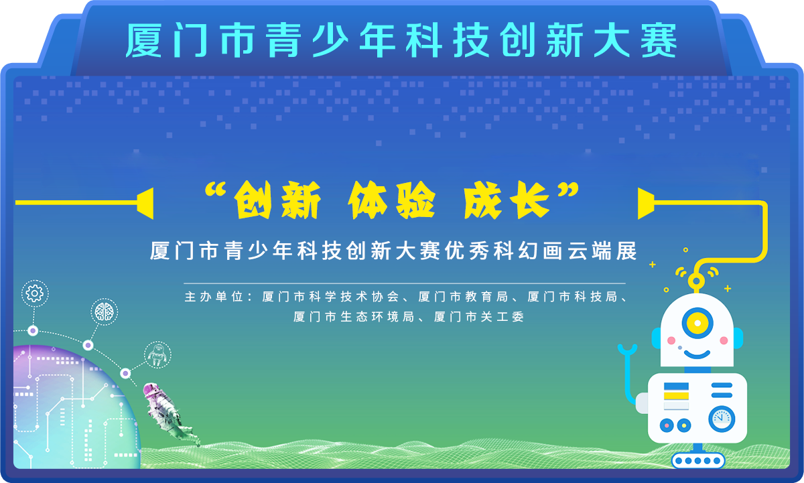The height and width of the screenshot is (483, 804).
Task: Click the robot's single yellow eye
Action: [x=697, y=323]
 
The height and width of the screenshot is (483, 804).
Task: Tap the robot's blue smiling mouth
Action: [x=697, y=354]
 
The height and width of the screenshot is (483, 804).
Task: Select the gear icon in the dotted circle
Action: [x=35, y=293]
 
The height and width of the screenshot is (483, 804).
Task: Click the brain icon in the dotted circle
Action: [x=104, y=312]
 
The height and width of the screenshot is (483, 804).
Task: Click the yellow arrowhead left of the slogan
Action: [x=145, y=203]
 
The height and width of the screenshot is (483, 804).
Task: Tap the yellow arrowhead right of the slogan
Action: [x=646, y=203]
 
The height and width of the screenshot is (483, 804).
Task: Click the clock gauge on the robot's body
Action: [x=722, y=419]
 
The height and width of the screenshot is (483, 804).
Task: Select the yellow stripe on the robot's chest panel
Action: [x=676, y=396]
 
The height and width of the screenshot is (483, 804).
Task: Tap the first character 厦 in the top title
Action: [x=143, y=40]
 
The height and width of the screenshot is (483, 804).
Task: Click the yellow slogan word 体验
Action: [x=391, y=200]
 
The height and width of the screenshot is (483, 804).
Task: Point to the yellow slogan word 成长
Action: [x=506, y=200]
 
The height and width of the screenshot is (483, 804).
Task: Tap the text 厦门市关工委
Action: [x=479, y=317]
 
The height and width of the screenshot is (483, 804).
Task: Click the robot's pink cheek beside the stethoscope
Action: [x=671, y=340]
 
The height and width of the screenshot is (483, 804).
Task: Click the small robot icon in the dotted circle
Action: [x=157, y=355]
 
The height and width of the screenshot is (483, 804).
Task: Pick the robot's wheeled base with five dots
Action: [x=698, y=460]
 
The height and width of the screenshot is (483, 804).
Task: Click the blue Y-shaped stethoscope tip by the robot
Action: [x=627, y=350]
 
